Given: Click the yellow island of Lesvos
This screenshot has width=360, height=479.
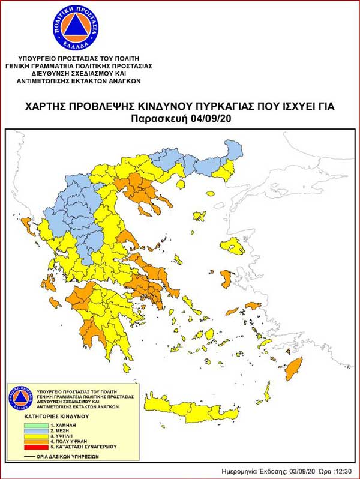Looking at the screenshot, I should click(x=233, y=246).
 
